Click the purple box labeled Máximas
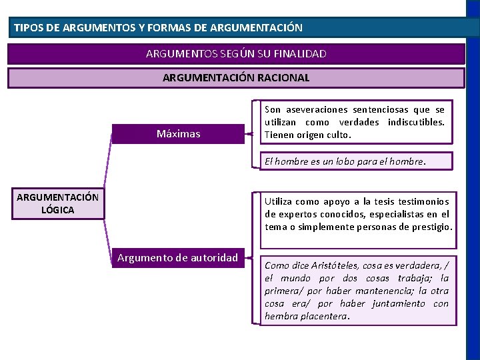pyautogui.click(x=178, y=133)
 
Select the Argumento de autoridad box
pyautogui.click(x=177, y=258)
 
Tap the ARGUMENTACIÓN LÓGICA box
pyautogui.click(x=57, y=203)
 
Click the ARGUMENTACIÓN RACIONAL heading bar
pyautogui.click(x=236, y=77)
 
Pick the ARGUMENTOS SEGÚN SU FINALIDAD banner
pyautogui.click(x=236, y=53)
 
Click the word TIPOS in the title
pyautogui.click(x=28, y=28)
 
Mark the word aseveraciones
pyautogui.click(x=317, y=109)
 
